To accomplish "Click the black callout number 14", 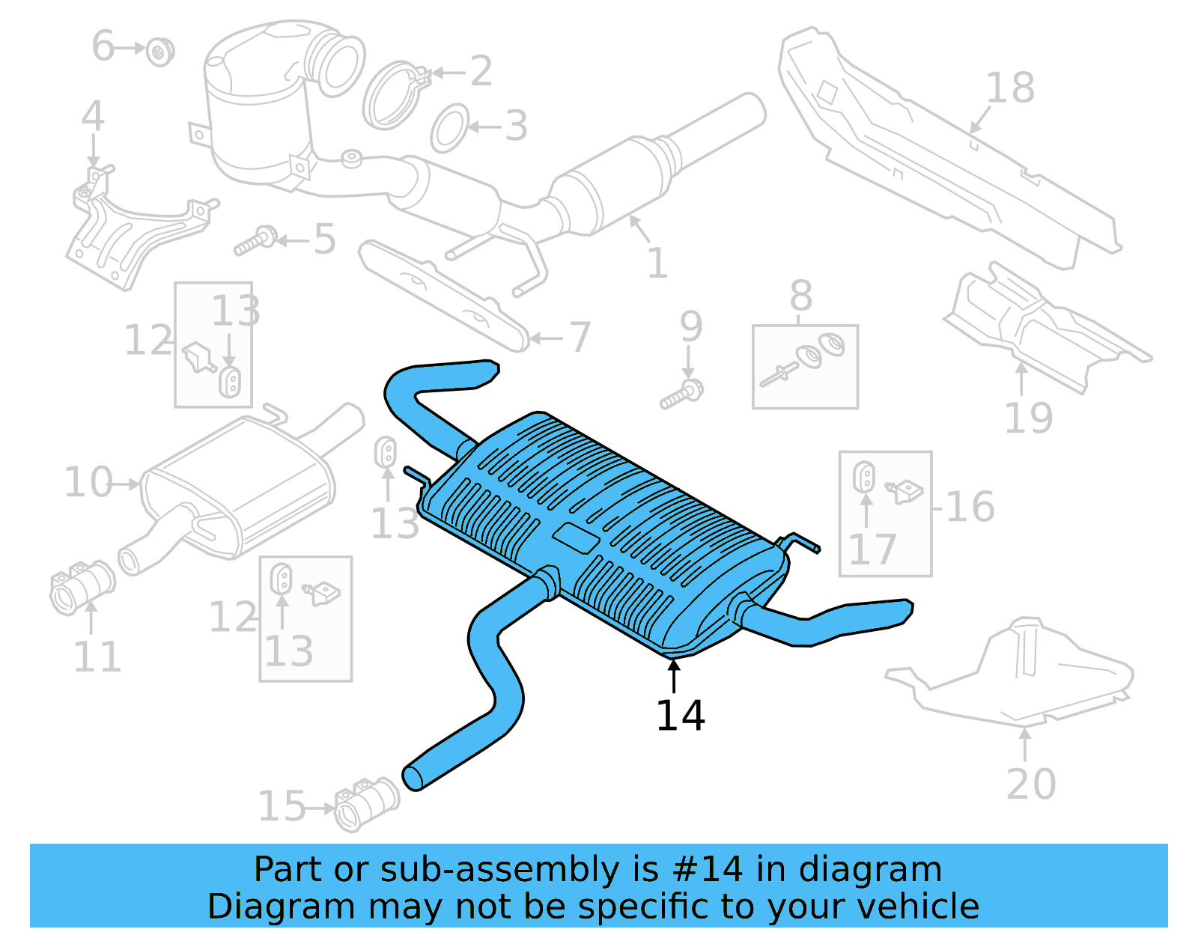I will [x=680, y=716].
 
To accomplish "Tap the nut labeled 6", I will [x=159, y=51].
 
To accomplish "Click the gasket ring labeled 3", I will [x=449, y=128].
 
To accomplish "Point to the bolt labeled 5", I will [x=255, y=241].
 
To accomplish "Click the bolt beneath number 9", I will [x=682, y=395].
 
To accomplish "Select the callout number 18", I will [x=1010, y=88].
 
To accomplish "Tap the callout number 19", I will [x=1027, y=418].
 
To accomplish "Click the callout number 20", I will [x=1030, y=784].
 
